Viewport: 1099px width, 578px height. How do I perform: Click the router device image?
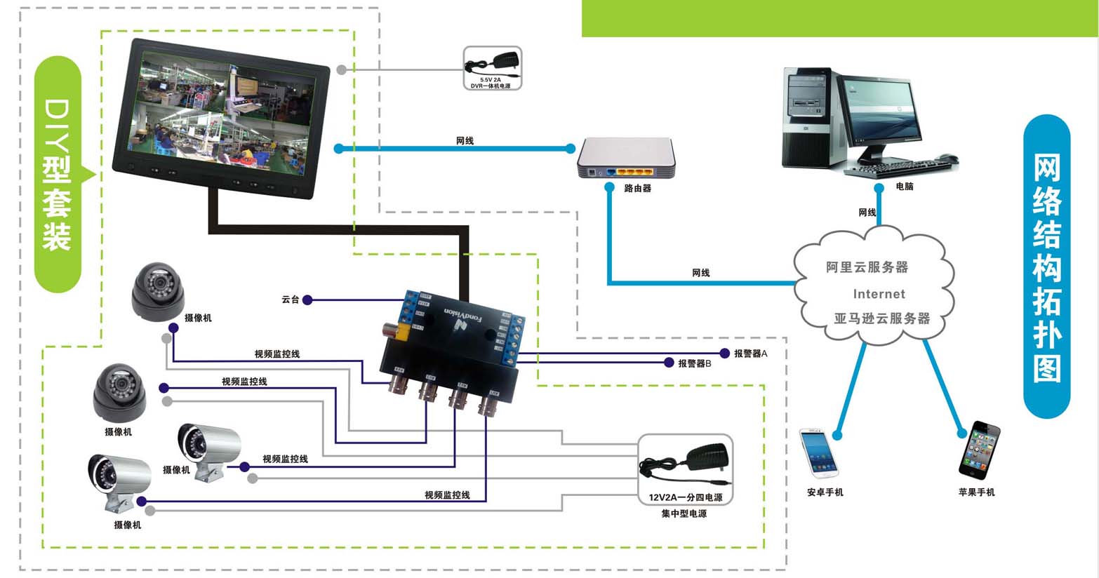tap(626, 158)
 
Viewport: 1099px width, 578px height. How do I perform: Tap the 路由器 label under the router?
tap(637, 189)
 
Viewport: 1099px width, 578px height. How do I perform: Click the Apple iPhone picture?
tap(979, 448)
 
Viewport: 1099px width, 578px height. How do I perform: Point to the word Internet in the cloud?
tap(879, 294)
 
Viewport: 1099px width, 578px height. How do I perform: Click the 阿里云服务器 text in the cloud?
tap(867, 267)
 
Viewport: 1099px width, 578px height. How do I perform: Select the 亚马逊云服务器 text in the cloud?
tap(881, 318)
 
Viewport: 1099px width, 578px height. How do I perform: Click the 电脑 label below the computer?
tap(905, 187)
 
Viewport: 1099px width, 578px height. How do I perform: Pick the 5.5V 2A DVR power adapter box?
tap(493, 68)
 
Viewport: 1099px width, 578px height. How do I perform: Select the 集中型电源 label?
tap(684, 514)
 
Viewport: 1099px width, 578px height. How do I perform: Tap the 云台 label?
tap(290, 300)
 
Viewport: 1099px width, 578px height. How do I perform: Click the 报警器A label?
tap(750, 354)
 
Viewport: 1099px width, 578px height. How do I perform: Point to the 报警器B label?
tap(694, 363)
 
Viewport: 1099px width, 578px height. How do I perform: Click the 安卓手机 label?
tap(825, 492)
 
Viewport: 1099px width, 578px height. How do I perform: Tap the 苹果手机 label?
tap(976, 492)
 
